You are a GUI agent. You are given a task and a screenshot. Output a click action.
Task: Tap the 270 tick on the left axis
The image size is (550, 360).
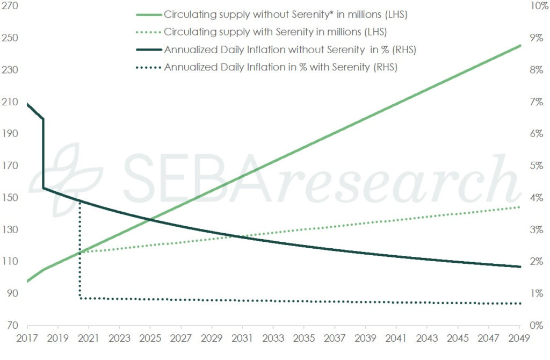[10, 6]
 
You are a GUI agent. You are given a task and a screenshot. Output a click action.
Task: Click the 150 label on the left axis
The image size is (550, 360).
[10, 198]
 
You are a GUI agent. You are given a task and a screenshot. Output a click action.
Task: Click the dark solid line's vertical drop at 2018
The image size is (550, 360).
[44, 153]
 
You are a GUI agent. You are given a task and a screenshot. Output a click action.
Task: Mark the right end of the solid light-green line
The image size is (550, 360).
[519, 46]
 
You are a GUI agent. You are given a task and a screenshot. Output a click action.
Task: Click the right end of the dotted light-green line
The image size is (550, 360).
[519, 207]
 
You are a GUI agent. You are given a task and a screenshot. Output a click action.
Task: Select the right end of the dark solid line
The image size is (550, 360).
[519, 267]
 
